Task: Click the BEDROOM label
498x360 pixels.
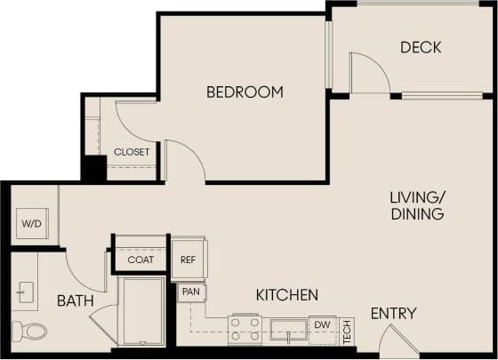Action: point(245,92)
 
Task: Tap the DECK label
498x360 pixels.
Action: point(421,47)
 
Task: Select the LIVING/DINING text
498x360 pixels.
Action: point(416,205)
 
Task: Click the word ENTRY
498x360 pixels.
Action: point(393,313)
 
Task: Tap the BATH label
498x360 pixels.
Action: point(76,301)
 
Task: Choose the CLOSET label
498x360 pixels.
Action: point(132,152)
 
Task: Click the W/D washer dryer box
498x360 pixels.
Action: point(30,224)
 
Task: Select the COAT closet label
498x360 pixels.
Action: point(141,260)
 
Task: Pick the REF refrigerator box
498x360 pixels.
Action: point(189,260)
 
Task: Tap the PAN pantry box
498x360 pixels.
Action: point(190,292)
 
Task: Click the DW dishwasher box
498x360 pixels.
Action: point(322,326)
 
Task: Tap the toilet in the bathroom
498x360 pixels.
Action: point(34,331)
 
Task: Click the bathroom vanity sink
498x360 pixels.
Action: point(25,291)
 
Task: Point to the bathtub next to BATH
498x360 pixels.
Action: point(142,311)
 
